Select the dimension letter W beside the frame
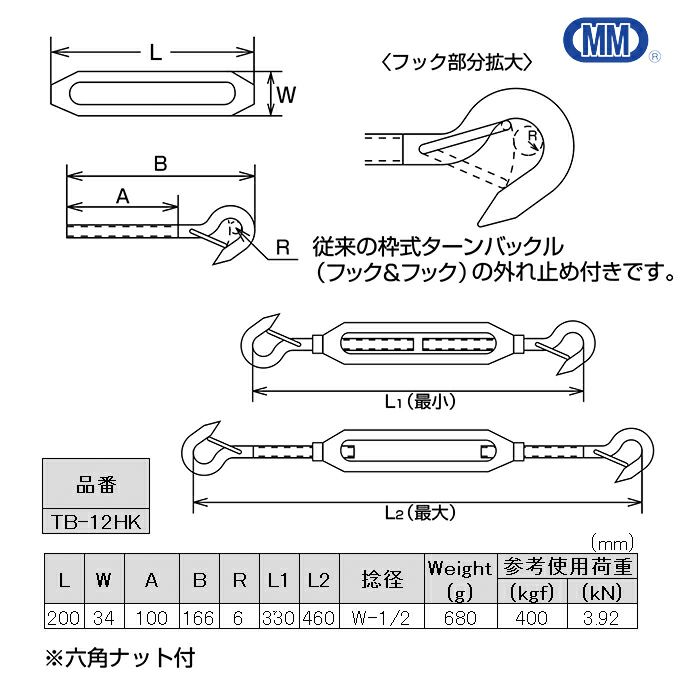click(286, 96)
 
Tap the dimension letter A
click(122, 197)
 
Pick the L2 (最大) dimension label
click(419, 511)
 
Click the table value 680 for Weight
click(459, 618)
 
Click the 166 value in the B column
click(199, 618)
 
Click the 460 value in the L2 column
click(318, 618)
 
